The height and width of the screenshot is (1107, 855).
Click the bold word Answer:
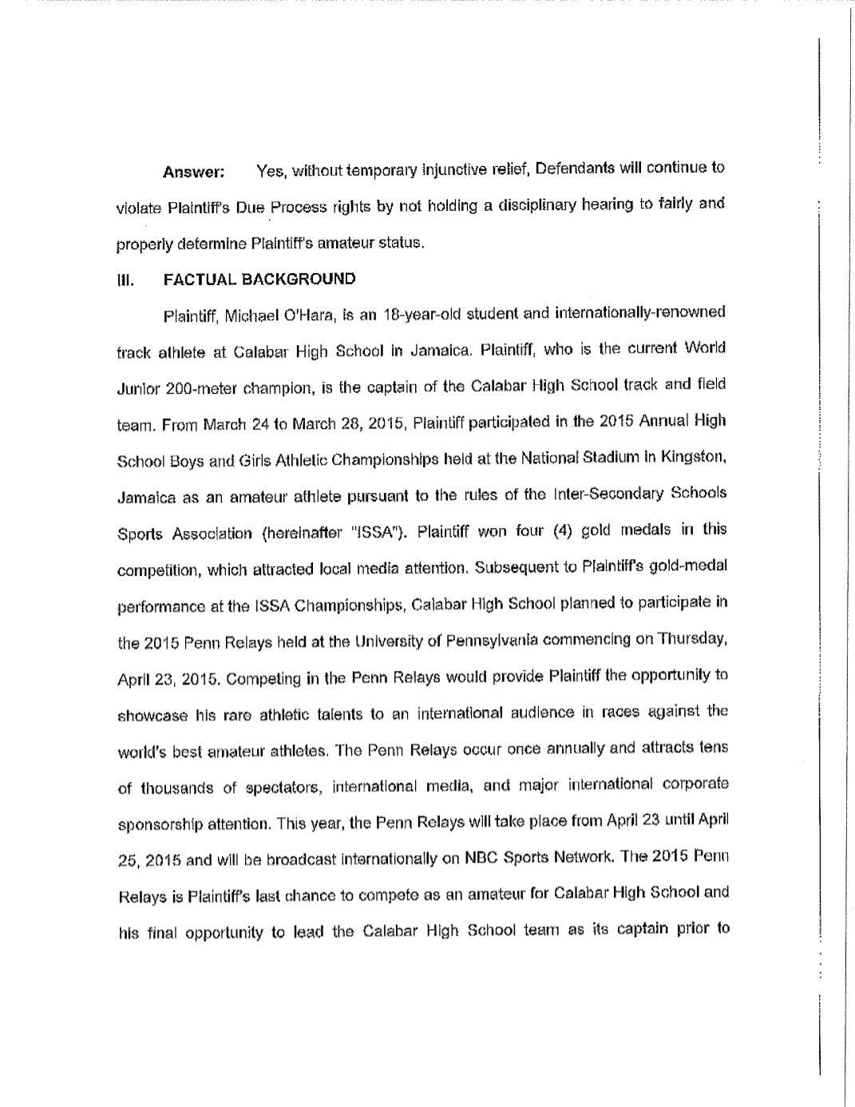pyautogui.click(x=193, y=172)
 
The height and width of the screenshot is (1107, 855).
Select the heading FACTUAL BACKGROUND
pyautogui.click(x=259, y=279)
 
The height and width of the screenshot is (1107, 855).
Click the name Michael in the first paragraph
pyautogui.click(x=249, y=314)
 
